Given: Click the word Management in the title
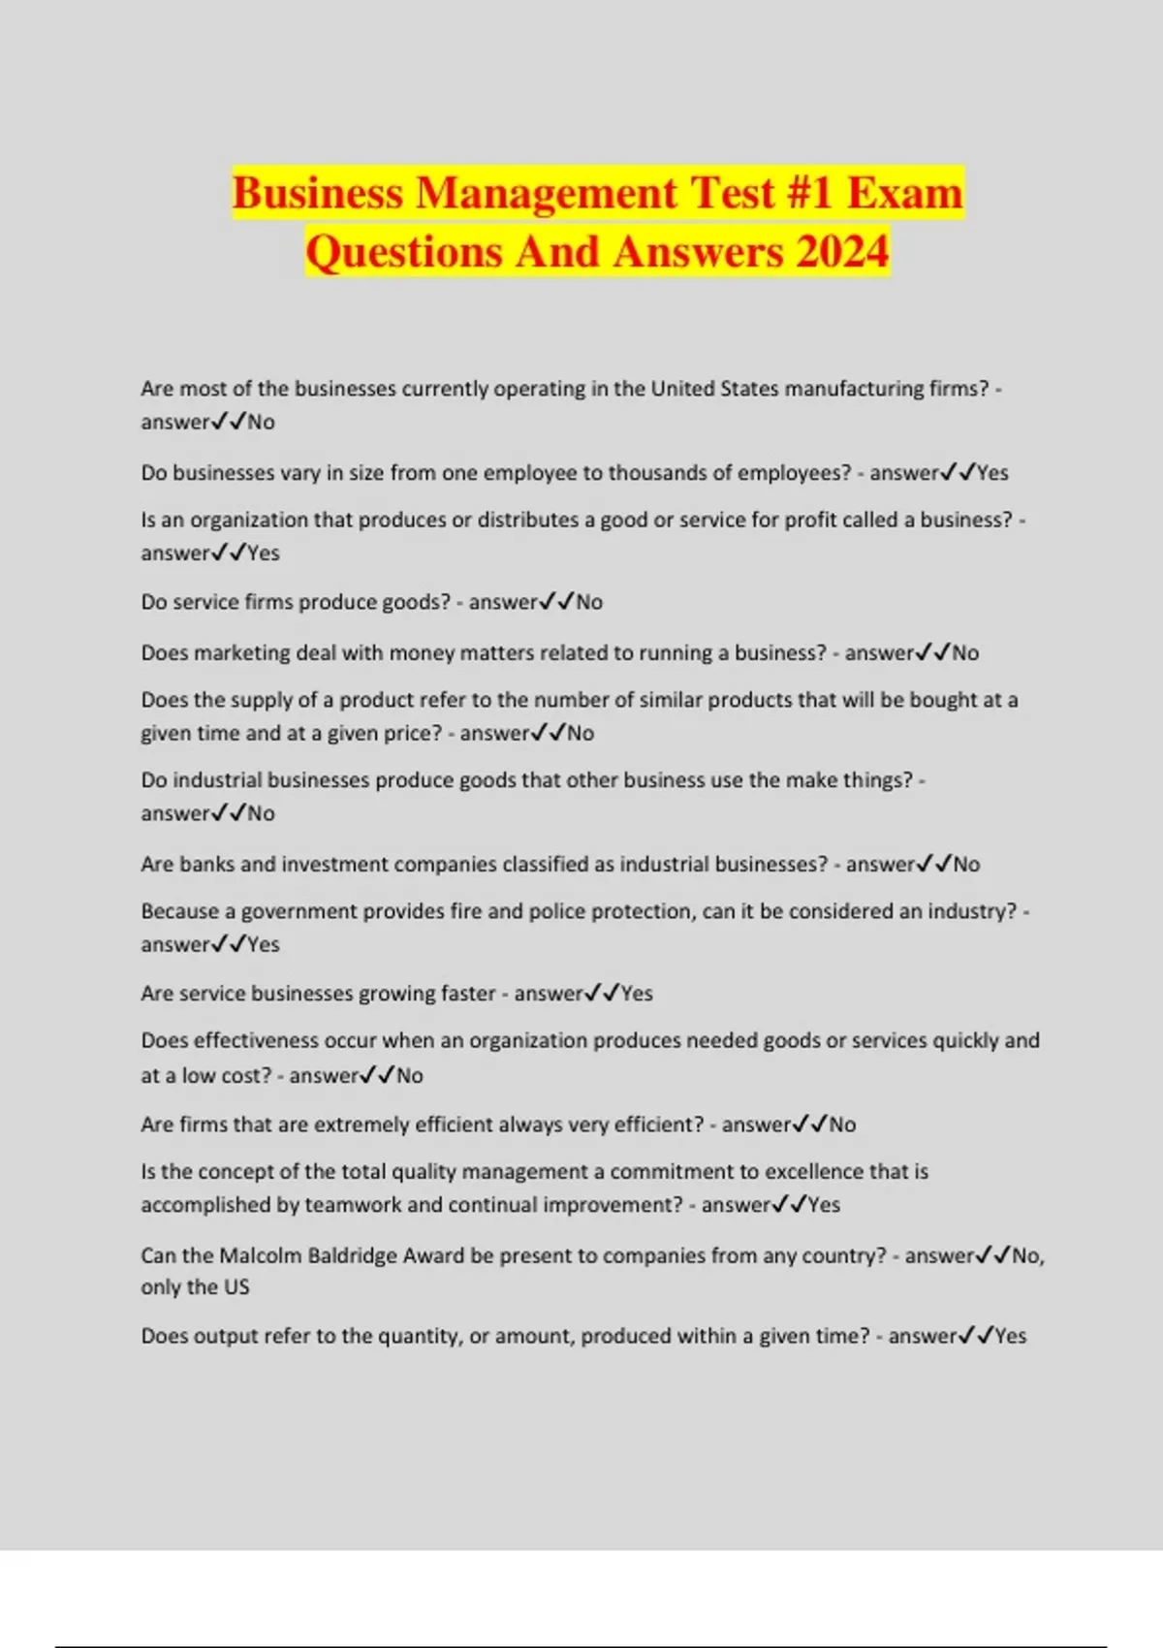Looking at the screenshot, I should click(548, 193).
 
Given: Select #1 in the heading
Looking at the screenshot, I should click(809, 193).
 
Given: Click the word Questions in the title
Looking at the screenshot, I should click(404, 252).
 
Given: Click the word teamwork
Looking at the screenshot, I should click(353, 1205).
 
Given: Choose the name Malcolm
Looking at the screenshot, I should click(260, 1256).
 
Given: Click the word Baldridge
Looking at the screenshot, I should click(352, 1256).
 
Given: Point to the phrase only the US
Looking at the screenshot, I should click(195, 1287).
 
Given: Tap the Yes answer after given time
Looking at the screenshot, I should click(1010, 1337).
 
